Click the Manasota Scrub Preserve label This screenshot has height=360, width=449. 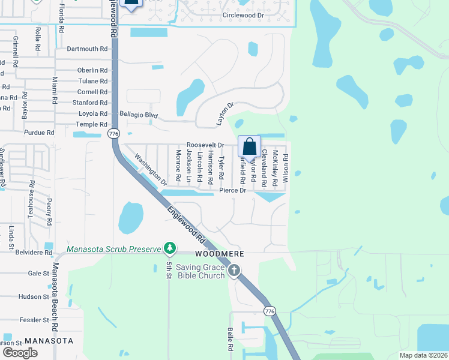(114, 249)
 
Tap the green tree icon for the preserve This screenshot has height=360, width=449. (170, 248)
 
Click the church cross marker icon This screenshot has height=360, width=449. (234, 271)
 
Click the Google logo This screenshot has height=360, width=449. (20, 353)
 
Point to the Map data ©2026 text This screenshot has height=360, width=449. (423, 355)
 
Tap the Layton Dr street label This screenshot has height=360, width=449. (224, 114)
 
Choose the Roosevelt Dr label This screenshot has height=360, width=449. (205, 145)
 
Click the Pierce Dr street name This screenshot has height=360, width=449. (233, 190)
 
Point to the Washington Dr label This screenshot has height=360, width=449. (150, 170)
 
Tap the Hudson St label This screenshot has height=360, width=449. (34, 297)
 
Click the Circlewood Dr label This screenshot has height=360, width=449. (243, 14)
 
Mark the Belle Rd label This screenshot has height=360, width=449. (230, 340)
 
